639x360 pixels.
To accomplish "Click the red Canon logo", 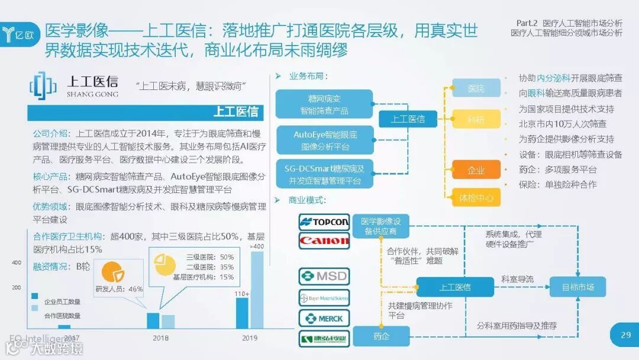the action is tap(324, 240).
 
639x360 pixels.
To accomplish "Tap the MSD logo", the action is tap(324, 276).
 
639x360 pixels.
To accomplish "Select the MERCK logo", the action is tap(324, 318).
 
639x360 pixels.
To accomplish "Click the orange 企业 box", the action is tap(476, 171).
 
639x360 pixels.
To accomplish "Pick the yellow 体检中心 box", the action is tap(476, 198).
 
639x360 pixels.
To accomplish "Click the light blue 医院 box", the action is tap(476, 88).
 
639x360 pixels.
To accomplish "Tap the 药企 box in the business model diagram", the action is tap(382, 336).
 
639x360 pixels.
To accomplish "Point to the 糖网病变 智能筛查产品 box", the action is tap(325, 104).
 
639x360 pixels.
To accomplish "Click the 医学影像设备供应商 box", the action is tap(382, 226).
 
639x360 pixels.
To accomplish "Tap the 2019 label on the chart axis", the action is tap(250, 338).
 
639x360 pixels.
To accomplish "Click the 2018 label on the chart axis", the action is tap(160, 338).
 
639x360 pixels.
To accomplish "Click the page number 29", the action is tap(625, 335).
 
